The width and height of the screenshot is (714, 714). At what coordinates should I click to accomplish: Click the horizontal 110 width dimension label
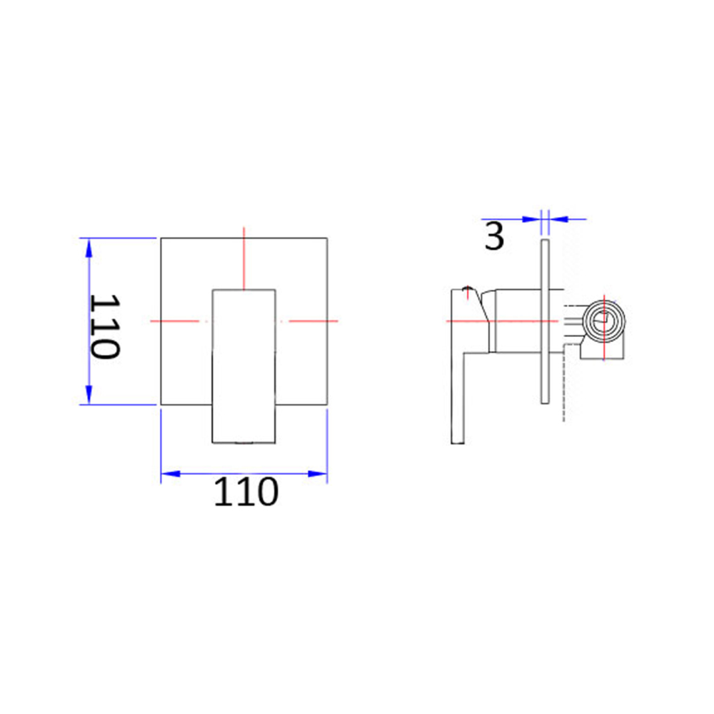click(246, 492)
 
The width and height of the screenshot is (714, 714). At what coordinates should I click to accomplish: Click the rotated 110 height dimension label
click(105, 326)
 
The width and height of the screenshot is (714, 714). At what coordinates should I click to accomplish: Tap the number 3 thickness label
click(494, 236)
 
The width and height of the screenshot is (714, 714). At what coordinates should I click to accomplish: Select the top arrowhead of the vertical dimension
click(89, 248)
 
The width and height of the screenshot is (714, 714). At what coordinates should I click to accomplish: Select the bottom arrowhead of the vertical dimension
click(89, 394)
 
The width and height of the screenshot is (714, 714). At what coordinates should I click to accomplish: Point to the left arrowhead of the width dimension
click(171, 474)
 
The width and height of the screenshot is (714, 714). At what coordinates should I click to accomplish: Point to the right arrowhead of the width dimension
click(318, 474)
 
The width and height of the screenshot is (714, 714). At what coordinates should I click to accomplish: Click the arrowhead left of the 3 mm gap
click(531, 219)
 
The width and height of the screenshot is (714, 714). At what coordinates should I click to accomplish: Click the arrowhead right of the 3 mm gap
click(558, 219)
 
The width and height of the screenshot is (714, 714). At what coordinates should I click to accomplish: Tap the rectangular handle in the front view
click(244, 366)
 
